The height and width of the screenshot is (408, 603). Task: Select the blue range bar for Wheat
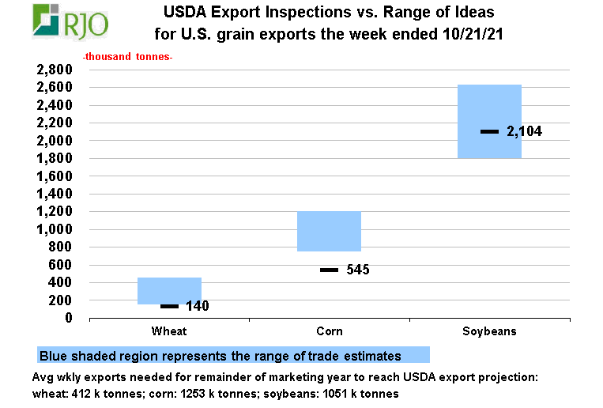tap(169, 290)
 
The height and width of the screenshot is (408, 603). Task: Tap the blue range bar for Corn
tap(329, 231)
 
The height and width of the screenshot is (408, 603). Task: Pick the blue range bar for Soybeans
tap(489, 121)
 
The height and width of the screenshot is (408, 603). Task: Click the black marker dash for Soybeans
tap(489, 131)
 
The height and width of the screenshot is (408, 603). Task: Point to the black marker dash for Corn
tap(329, 270)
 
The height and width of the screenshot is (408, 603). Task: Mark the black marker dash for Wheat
tap(169, 306)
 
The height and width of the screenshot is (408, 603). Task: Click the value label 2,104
tap(524, 132)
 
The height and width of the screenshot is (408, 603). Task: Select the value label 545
tap(358, 270)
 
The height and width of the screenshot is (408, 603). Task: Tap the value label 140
tap(198, 306)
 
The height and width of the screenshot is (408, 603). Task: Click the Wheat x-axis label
tap(169, 331)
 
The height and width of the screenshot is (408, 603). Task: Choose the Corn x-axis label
tap(329, 331)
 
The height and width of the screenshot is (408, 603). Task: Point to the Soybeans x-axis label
tap(489, 331)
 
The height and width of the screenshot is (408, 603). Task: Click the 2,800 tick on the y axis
tap(55, 70)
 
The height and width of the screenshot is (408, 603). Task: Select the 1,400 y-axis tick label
tap(55, 194)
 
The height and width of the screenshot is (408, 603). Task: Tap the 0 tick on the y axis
tap(69, 318)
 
